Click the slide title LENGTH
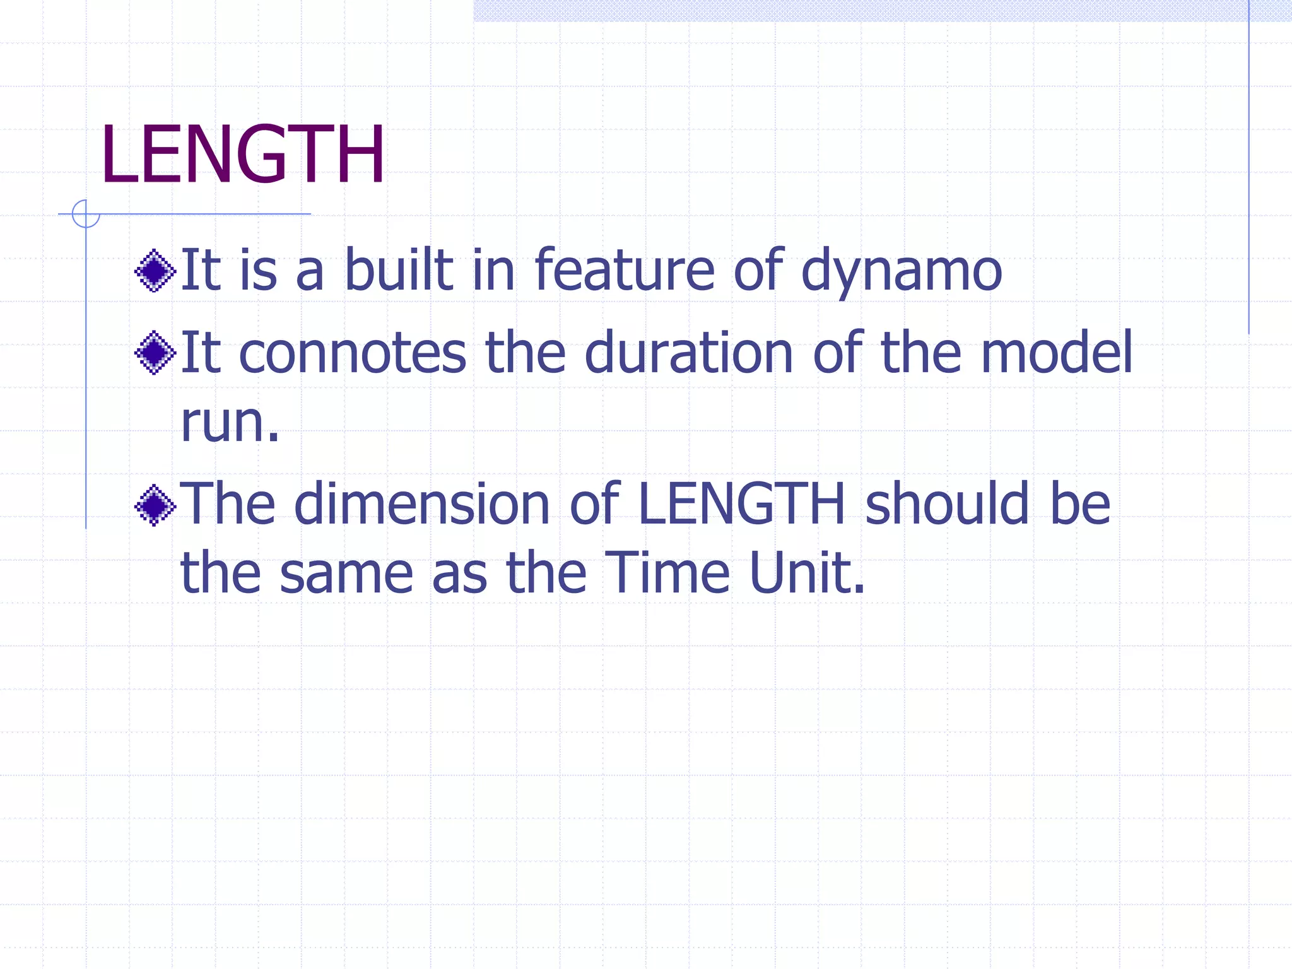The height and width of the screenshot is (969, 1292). tap(243, 155)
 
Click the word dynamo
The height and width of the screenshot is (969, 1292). tap(901, 271)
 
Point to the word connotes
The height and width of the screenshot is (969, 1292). tap(353, 353)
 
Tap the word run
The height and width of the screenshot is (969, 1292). tap(229, 423)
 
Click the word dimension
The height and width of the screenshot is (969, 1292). tap(422, 505)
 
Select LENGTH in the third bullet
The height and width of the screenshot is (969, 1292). tap(741, 505)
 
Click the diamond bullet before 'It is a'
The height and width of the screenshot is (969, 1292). tap(155, 271)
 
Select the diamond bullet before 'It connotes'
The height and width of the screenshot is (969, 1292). tap(155, 353)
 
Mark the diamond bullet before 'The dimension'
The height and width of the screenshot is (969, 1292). tap(155, 505)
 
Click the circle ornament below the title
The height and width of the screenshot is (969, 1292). tap(86, 214)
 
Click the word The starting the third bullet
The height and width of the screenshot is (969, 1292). tap(228, 505)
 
